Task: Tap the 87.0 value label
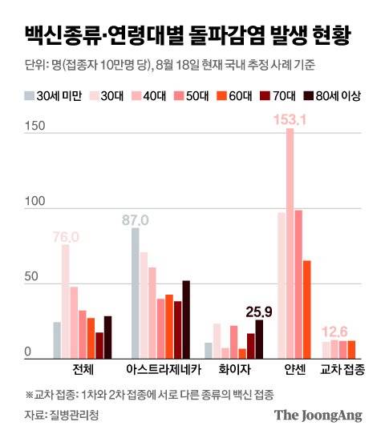[144, 219]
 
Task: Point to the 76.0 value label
[66, 236]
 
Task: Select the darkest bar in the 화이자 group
[259, 338]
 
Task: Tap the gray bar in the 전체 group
[57, 340]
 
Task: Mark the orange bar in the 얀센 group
[307, 309]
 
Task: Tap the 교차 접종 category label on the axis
[342, 369]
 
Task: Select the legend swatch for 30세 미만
[30, 96]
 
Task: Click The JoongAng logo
[318, 415]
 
